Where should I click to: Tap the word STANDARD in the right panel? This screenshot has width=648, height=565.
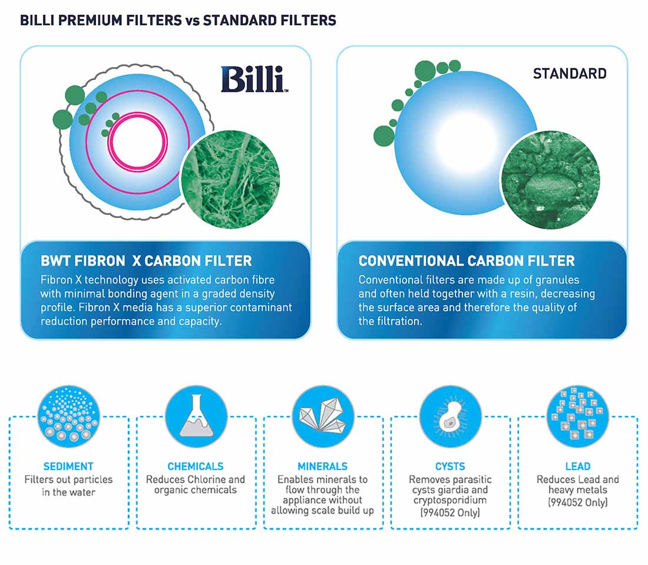point(569,74)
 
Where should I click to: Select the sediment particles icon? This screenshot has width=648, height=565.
point(69,415)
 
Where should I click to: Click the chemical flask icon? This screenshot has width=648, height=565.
point(196,415)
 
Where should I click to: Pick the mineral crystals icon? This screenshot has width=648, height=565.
point(323,415)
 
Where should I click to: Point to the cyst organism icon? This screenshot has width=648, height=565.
point(450,415)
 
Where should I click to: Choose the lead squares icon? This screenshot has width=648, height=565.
point(577,415)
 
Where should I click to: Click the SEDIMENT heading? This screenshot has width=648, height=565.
point(68,466)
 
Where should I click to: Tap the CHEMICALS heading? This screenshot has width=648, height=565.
point(196,466)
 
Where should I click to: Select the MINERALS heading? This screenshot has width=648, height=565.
point(323,466)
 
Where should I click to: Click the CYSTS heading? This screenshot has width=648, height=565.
point(450,466)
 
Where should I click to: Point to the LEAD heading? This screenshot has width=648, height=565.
point(577,466)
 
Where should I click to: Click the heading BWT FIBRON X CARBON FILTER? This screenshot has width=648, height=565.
point(146,261)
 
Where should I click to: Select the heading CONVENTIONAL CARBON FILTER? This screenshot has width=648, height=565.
point(467,261)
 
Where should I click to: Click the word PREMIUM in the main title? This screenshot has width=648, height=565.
point(84,21)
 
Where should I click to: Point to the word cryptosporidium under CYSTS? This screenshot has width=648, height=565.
point(450,500)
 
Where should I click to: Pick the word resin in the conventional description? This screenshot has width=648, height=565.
point(507,293)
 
